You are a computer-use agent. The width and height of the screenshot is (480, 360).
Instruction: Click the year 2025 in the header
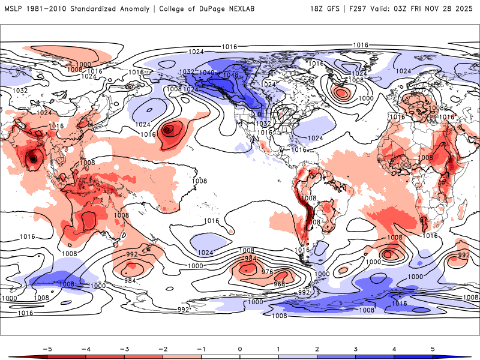pos(465,9)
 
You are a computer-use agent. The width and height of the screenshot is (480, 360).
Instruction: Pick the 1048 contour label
pos(230,75)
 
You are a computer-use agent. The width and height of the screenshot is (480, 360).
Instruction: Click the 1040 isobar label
pos(207,73)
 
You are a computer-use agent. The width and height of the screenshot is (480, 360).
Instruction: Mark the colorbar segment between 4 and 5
pos(414,356)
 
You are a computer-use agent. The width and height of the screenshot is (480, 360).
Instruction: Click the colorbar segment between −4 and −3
pos(104,356)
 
